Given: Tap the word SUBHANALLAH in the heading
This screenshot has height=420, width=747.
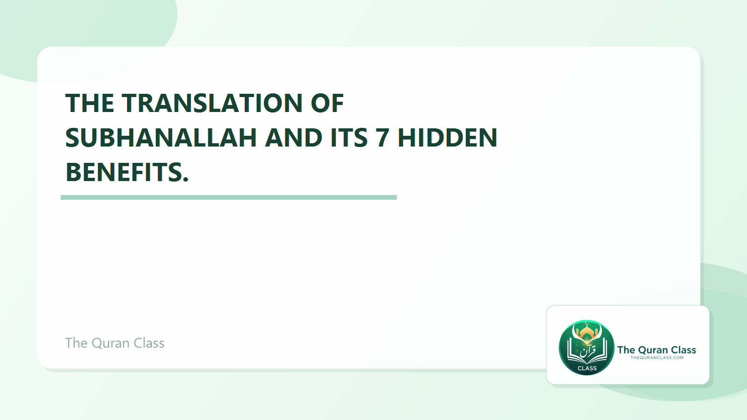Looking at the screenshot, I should [x=161, y=138].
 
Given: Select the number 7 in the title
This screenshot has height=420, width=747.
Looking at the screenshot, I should [x=382, y=138].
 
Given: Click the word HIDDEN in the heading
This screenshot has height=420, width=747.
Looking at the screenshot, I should [x=447, y=138].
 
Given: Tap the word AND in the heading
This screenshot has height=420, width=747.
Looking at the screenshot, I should [x=294, y=138].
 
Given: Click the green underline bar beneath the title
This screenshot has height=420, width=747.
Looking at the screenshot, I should [x=229, y=197].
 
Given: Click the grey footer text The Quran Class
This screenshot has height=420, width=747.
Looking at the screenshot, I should [x=115, y=343].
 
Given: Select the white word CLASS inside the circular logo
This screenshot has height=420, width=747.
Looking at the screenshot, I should [x=587, y=368].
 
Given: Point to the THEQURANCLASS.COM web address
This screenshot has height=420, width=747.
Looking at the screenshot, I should [x=657, y=358].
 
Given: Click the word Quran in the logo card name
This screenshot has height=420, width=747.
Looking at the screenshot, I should [x=653, y=350].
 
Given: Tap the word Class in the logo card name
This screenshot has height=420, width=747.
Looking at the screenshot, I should [x=684, y=350].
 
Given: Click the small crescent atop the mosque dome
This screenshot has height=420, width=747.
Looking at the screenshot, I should [x=587, y=323].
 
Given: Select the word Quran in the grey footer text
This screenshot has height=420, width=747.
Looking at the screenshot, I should [x=111, y=343].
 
